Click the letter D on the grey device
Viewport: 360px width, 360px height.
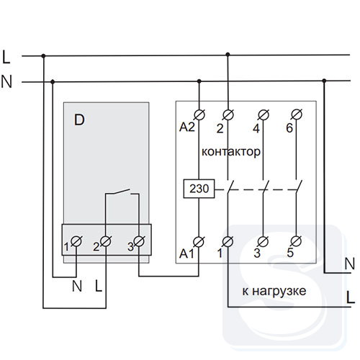point(79,120)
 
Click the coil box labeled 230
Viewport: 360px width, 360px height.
point(199,189)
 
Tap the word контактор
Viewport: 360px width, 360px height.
point(231,152)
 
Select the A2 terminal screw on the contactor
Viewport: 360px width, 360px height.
point(199,115)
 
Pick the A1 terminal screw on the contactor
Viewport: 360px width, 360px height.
point(199,242)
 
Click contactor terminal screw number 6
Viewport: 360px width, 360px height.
point(297,114)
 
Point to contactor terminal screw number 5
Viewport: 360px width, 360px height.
point(297,241)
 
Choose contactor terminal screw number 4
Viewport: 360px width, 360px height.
point(264,114)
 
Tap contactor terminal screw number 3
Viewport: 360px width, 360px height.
point(264,241)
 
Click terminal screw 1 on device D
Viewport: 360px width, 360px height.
point(76,241)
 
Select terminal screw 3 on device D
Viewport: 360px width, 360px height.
point(139,241)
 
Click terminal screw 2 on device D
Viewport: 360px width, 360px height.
point(106,241)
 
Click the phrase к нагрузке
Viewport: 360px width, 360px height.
point(274,292)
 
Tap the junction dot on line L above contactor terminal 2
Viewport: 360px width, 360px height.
point(228,55)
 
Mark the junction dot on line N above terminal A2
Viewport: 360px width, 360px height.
point(199,81)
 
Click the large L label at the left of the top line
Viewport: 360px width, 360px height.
point(6,57)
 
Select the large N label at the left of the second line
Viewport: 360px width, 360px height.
point(6,81)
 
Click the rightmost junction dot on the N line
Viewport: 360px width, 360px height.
point(324,81)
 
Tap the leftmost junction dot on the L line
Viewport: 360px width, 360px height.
point(43,56)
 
